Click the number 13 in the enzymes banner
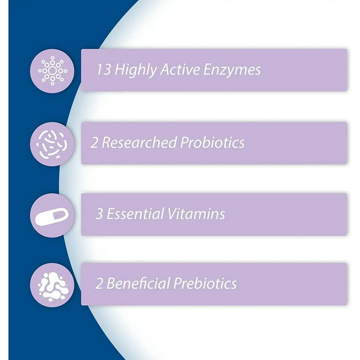point(104,69)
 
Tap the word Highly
point(135,70)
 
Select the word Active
point(180,69)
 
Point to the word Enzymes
point(232,70)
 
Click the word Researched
point(139,142)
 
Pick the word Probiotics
point(212,142)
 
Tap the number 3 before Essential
point(99,214)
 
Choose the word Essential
point(135,214)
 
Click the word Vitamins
point(196,214)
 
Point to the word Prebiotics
point(205,283)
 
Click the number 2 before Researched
point(94,142)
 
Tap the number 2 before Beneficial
point(99,284)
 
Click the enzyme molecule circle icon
point(52,71)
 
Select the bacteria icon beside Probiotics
point(52,144)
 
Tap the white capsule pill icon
point(52,217)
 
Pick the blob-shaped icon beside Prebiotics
point(52,285)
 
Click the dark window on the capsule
point(57,216)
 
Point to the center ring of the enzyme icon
point(52,71)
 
